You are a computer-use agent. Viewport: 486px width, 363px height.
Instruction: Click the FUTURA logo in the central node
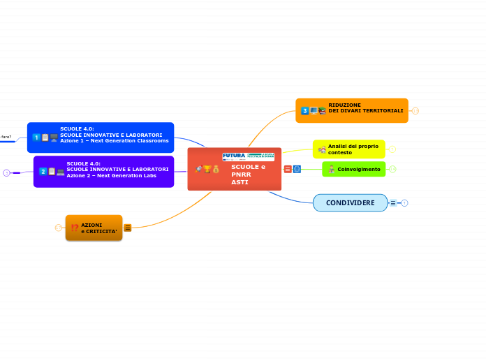(x=234, y=156)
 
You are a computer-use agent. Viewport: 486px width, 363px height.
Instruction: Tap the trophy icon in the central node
(x=207, y=169)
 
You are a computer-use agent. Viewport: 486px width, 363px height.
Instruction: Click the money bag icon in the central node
(x=216, y=169)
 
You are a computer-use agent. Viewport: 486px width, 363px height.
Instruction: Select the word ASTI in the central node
(x=240, y=182)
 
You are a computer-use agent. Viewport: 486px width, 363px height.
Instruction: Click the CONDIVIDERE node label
(x=350, y=203)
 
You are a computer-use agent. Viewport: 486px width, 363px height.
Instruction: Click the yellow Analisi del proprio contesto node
(x=353, y=149)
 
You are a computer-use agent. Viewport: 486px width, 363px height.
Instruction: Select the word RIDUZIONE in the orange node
(x=344, y=105)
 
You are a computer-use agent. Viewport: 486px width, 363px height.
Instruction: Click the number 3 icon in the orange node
(x=305, y=111)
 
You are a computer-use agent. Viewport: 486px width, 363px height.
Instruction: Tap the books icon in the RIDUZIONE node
(x=322, y=111)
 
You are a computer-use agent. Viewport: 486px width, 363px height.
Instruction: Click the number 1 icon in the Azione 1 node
(x=36, y=138)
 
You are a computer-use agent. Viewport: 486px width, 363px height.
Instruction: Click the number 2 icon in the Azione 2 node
(x=43, y=171)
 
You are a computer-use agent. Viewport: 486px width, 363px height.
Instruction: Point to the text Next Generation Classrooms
(x=134, y=140)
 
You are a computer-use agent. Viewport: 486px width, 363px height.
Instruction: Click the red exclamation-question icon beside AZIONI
(x=74, y=228)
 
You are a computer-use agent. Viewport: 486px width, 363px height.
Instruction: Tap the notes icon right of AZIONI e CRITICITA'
(x=128, y=228)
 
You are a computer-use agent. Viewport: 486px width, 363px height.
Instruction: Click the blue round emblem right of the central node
(x=297, y=169)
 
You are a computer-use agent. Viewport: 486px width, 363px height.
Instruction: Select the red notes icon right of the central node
(x=288, y=169)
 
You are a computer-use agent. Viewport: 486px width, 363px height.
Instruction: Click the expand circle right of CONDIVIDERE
(x=404, y=203)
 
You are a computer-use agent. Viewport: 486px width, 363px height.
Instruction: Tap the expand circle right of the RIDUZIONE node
(x=415, y=110)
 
